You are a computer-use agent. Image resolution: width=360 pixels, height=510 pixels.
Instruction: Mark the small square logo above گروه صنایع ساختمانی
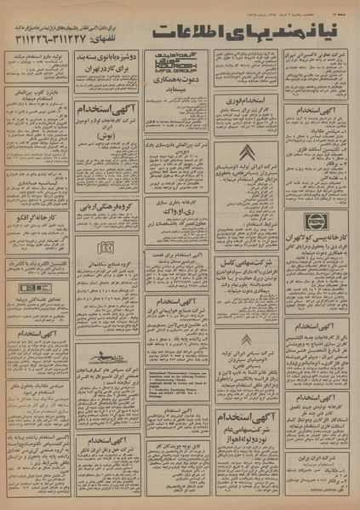[x=106, y=248]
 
